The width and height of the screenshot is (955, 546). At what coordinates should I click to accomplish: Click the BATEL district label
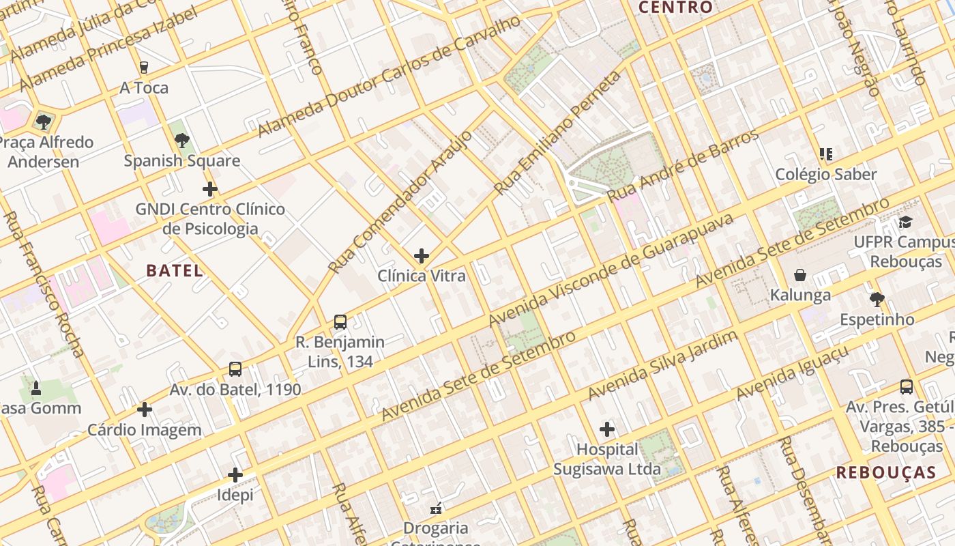175,270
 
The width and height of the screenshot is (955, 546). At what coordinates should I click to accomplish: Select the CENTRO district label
675,8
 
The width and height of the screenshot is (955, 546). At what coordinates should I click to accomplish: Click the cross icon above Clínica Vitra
422,256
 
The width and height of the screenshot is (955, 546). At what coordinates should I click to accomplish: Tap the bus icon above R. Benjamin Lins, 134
340,322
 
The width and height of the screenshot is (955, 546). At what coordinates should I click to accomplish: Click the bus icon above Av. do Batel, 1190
235,369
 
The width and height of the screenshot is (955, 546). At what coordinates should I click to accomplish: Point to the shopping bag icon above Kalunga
800,275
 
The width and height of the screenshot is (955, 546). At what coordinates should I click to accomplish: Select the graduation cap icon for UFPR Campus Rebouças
905,222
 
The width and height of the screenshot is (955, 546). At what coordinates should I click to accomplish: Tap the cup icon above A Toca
143,68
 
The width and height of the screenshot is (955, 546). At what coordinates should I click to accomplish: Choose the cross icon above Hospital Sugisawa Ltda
607,429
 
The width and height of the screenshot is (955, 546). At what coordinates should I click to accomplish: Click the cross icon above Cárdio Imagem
144,409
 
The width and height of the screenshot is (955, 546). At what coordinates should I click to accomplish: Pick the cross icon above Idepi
235,475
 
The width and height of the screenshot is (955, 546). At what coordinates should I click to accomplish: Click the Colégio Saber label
826,174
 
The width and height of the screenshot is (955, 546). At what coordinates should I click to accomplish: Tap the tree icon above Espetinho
877,299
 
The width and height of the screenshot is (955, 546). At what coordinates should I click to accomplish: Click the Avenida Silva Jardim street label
662,367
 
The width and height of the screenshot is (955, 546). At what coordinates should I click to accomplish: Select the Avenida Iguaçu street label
793,373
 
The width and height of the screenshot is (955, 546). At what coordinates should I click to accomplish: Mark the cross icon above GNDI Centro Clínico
210,189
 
